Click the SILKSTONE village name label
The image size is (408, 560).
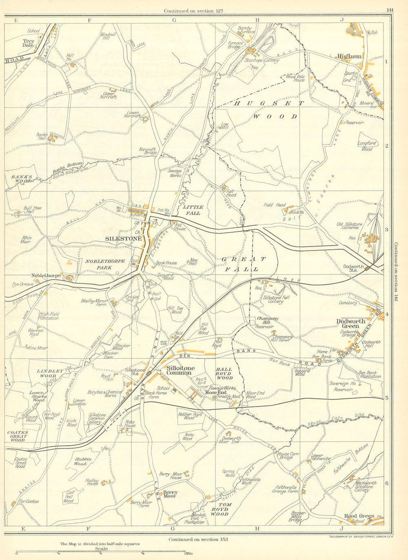point(124,238)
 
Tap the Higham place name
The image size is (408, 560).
point(349,56)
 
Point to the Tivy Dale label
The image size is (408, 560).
point(28,43)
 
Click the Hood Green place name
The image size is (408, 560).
point(359,516)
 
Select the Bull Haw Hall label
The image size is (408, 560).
point(33,210)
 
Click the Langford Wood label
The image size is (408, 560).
point(367,146)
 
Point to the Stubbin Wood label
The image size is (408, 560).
point(80,461)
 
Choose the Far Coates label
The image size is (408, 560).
point(29,501)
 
